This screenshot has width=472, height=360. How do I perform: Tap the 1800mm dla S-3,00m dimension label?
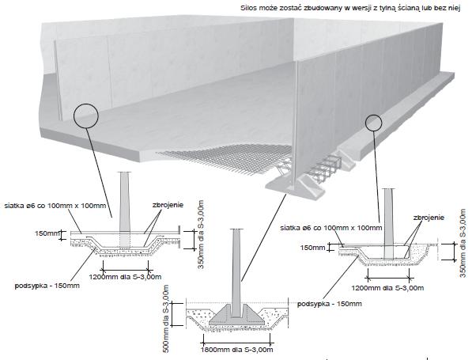pyautogui.click(x=237, y=350)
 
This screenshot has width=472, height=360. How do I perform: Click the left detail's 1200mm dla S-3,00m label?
pyautogui.click(x=125, y=277)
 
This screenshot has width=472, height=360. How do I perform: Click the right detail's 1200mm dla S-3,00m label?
pyautogui.click(x=387, y=288)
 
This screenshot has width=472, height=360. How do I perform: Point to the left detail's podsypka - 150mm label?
pyautogui.click(x=47, y=286)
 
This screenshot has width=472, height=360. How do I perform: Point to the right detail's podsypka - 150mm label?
pyautogui.click(x=330, y=304)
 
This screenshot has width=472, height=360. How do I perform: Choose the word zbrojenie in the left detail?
pyautogui.click(x=168, y=205)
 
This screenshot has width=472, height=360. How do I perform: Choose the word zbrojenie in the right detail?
pyautogui.click(x=429, y=218)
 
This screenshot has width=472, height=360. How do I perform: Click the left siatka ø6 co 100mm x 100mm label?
pyautogui.click(x=55, y=206)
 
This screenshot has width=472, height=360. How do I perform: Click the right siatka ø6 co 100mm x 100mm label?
pyautogui.click(x=331, y=228)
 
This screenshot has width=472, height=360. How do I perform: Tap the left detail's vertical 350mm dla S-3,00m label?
pyautogui.click(x=202, y=234)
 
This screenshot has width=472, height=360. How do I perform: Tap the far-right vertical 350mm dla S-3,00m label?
pyautogui.click(x=463, y=243)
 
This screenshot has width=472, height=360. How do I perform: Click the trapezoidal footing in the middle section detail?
pyautogui.click(x=237, y=315)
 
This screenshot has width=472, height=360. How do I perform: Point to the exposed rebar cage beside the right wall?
pyautogui.click(x=325, y=168)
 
